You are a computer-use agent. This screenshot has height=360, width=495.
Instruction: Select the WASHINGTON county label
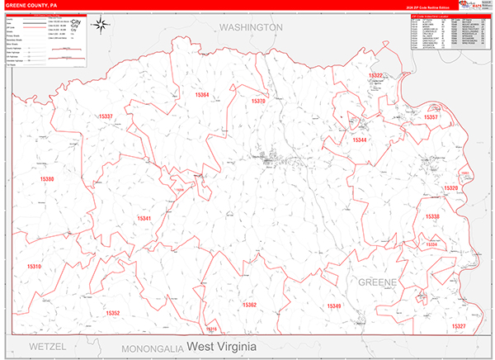[251, 27]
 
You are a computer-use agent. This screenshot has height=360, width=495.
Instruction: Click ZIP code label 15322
[376, 76]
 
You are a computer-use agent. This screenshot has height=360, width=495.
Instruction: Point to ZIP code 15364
[200, 96]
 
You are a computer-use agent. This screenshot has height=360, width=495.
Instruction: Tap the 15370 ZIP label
[258, 101]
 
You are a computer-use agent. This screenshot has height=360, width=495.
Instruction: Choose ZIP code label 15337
[106, 117]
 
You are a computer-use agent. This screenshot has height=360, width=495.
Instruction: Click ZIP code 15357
[430, 117]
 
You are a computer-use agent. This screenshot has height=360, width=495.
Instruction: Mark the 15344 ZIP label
[361, 140]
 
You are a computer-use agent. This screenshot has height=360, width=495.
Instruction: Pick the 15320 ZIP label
[450, 189]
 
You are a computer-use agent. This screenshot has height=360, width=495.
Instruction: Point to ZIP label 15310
[34, 267]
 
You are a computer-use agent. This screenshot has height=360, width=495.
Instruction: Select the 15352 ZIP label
[112, 313]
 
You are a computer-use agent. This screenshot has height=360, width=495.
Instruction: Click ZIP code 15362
[250, 305]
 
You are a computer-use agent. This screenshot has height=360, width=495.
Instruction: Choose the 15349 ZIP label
[333, 306]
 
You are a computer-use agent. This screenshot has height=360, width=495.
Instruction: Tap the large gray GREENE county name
[377, 282]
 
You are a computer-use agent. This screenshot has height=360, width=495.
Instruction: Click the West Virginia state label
[221, 344]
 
